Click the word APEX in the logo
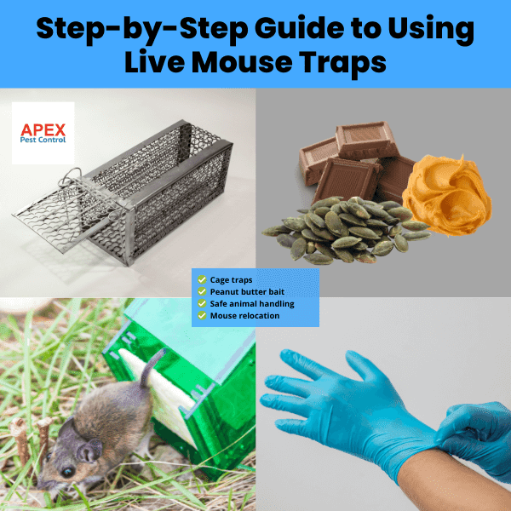click(43, 129)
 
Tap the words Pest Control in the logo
click(43, 140)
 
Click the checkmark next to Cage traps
click(202, 279)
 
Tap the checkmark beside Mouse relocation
click(202, 315)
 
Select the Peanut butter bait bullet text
click(247, 291)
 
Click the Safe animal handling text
click(252, 304)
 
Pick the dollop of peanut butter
click(447, 196)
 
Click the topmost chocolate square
click(367, 141)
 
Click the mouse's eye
click(68, 472)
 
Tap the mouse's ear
click(89, 451)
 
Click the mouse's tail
click(151, 366)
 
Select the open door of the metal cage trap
click(62, 216)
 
